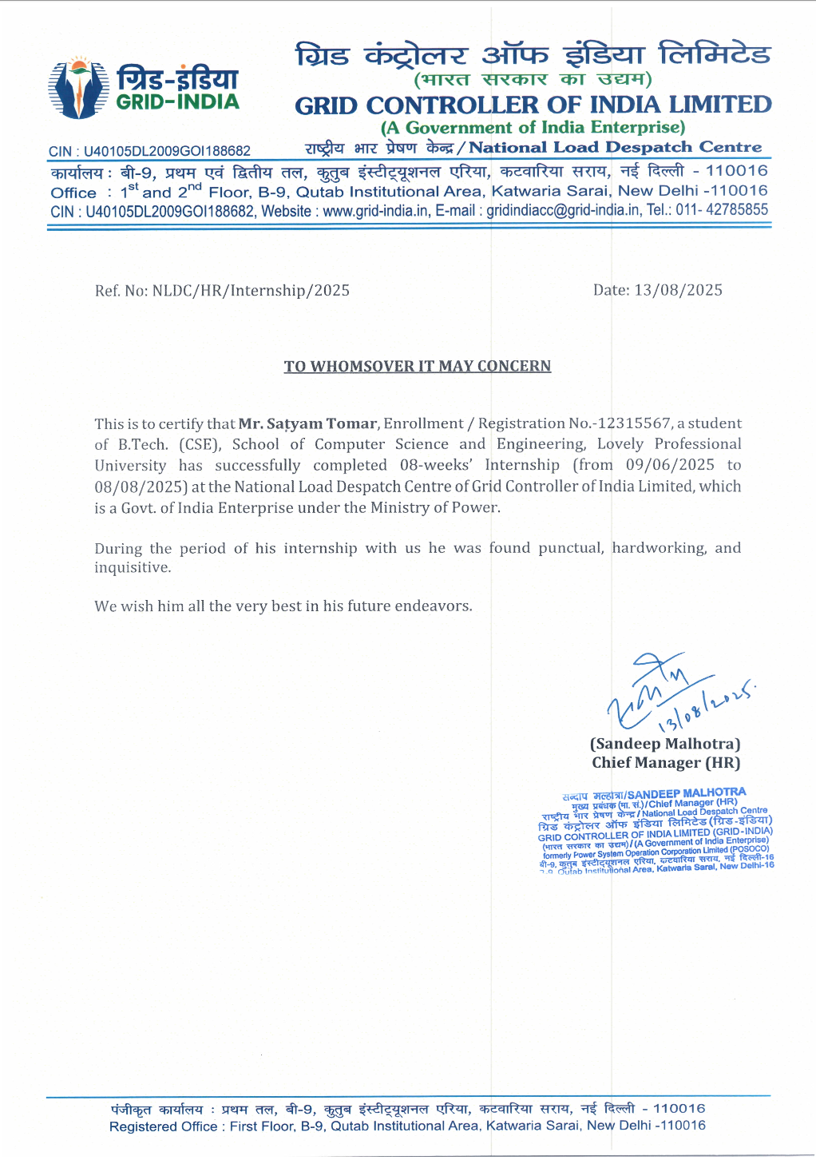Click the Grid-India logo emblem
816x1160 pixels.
(78, 88)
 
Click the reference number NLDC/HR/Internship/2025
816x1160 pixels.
(251, 291)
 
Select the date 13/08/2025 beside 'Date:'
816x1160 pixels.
(678, 290)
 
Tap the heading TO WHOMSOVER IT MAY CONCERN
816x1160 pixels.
(418, 367)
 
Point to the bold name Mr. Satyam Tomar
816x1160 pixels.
(307, 424)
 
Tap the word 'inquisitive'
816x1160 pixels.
(133, 568)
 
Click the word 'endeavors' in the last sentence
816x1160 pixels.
(432, 606)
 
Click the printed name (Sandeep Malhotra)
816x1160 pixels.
(665, 744)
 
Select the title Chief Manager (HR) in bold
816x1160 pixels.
(666, 763)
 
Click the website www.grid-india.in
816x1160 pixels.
(375, 211)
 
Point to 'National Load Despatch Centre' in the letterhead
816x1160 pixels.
(615, 148)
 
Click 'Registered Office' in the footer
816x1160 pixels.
(163, 1126)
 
